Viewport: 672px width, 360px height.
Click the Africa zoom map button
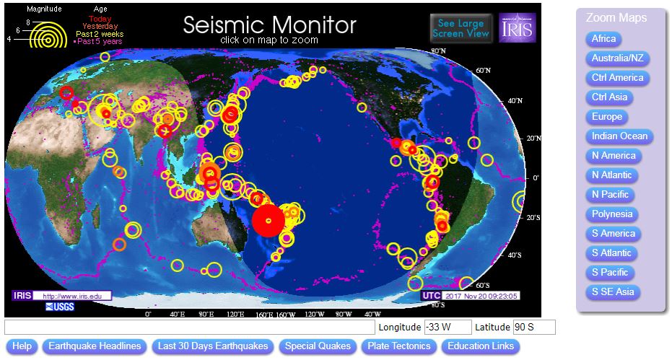603,39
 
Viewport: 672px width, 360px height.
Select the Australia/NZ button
616,58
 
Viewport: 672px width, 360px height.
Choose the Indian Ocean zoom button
619,136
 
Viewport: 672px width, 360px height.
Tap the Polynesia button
611,214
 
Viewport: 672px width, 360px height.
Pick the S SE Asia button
613,292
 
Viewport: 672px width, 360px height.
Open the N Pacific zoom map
610,195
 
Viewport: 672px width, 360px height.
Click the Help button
22,346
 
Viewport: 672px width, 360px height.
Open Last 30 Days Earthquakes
213,346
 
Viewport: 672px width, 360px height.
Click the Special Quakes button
318,346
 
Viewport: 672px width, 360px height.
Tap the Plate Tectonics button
399,346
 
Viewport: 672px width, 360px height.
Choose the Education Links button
480,346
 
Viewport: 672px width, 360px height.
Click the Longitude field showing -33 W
448,328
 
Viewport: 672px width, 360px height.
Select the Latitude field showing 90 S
534,328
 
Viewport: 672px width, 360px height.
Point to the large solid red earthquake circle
269,221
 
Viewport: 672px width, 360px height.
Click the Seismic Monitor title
269,25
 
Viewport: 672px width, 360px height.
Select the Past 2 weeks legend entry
100,34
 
